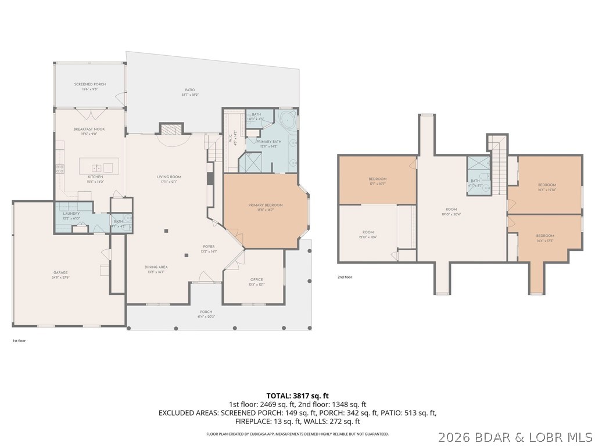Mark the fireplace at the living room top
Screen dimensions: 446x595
click(x=171, y=129)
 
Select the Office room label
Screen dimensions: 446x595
click(x=257, y=282)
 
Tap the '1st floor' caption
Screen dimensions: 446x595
click(x=19, y=341)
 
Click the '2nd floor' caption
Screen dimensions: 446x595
click(x=345, y=278)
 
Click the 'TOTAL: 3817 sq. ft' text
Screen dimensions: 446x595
click(x=297, y=395)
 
